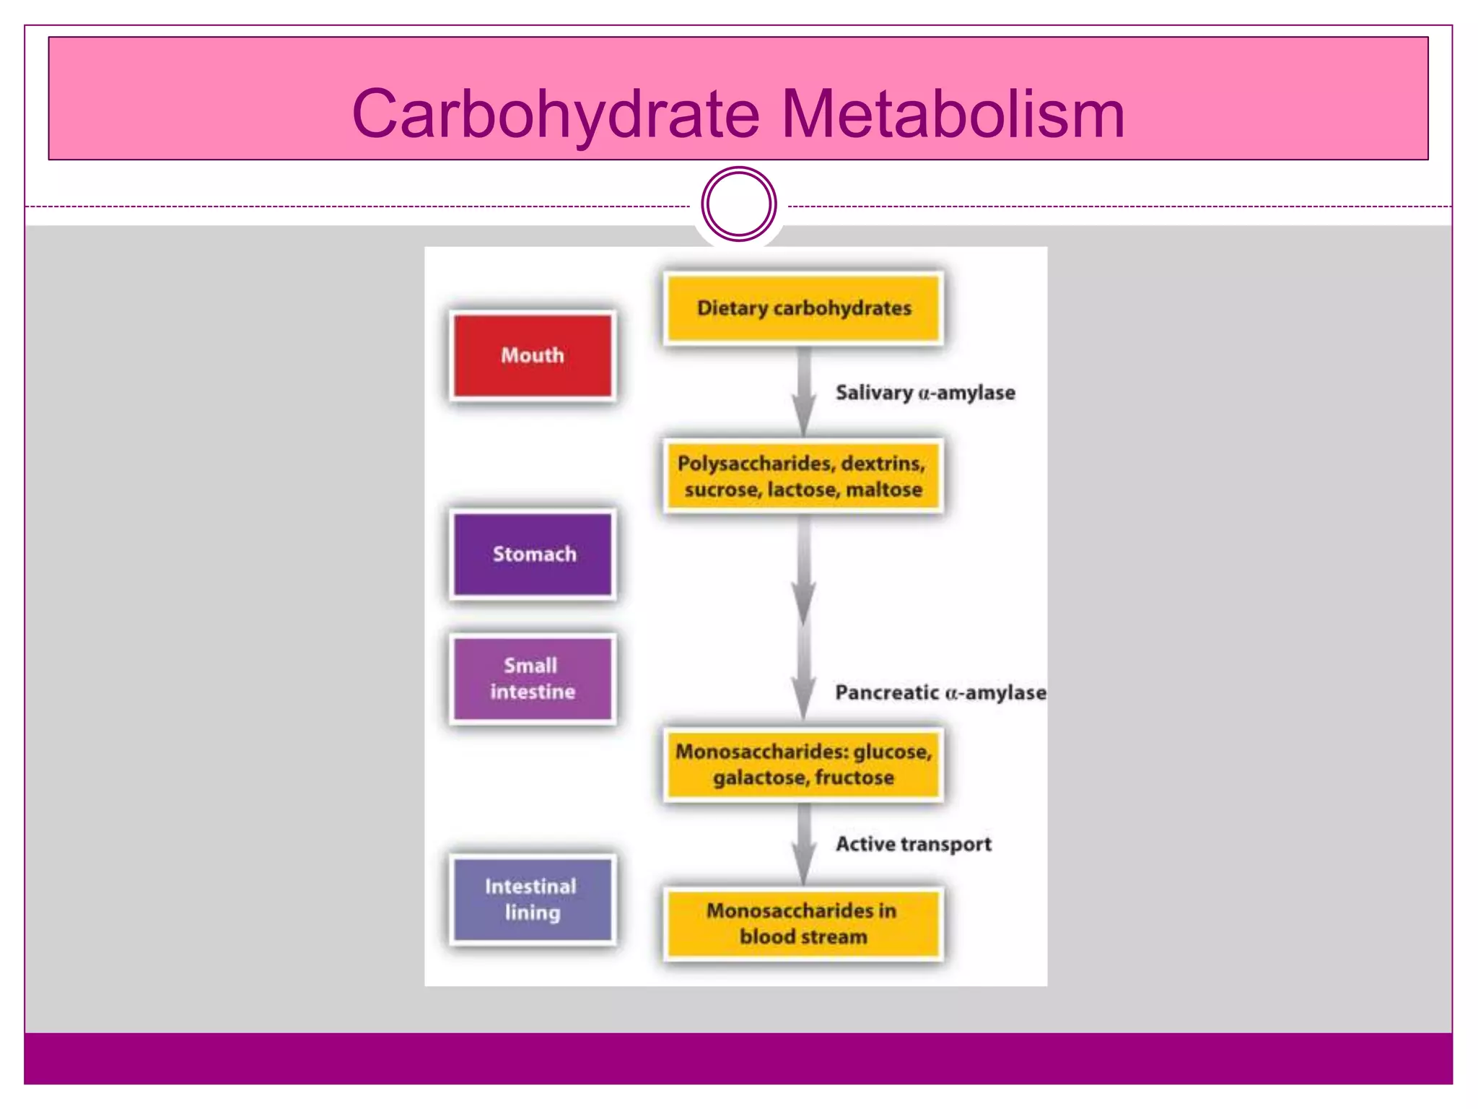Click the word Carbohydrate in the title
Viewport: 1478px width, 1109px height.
[556, 114]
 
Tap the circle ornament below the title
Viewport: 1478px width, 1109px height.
[738, 204]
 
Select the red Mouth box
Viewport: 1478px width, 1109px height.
[532, 355]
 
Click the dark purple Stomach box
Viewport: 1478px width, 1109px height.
[533, 554]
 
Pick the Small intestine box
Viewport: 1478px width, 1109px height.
[532, 679]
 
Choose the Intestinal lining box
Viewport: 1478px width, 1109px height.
[532, 899]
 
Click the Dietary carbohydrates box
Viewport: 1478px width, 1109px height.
[803, 308]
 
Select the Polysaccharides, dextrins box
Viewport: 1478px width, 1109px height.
[803, 476]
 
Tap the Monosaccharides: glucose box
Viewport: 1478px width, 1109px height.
[803, 765]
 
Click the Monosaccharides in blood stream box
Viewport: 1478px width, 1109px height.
[803, 923]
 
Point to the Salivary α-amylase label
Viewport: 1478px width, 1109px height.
[925, 393]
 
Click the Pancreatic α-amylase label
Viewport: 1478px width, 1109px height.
[940, 692]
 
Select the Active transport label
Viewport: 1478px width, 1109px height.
[913, 844]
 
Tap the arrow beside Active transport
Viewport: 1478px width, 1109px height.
[803, 845]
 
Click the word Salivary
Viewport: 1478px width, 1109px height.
[874, 393]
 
